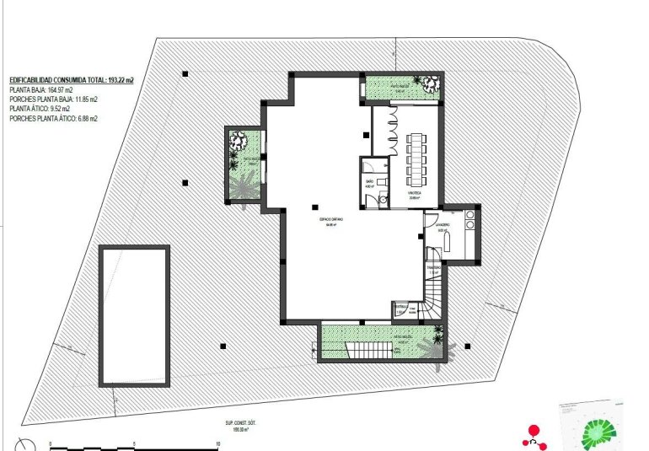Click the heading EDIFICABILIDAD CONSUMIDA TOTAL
tap(72, 79)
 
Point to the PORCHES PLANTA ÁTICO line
tap(53, 120)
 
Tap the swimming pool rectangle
tap(135, 314)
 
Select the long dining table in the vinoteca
tap(417, 160)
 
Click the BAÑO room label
tap(370, 183)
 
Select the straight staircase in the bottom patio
tap(367, 350)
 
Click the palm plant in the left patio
tap(246, 184)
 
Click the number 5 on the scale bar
tap(135, 444)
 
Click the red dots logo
tap(533, 432)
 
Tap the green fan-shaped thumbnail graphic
tap(600, 430)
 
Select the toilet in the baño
tap(383, 199)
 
